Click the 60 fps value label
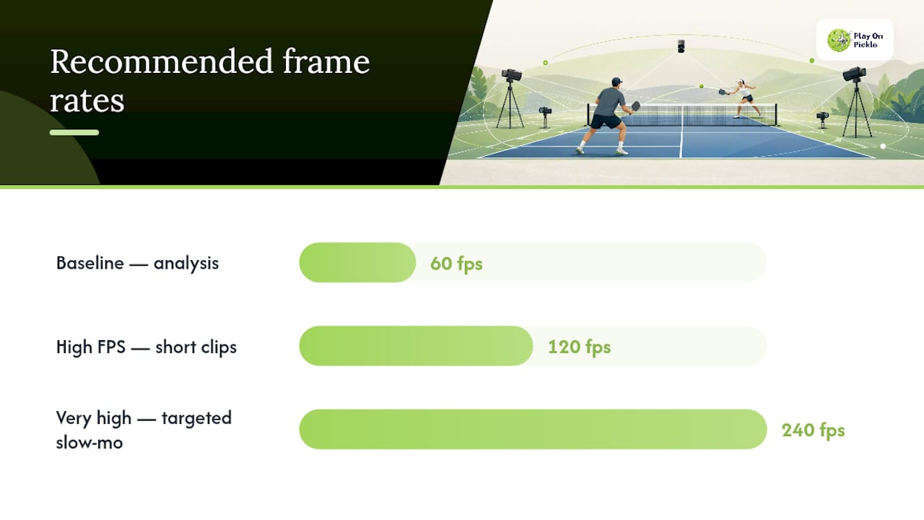pyautogui.click(x=456, y=264)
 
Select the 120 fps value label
pyautogui.click(x=579, y=347)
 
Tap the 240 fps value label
pyautogui.click(x=814, y=430)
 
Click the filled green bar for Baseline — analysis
pyautogui.click(x=357, y=262)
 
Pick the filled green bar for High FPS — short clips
pyautogui.click(x=416, y=346)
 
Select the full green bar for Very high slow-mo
pyautogui.click(x=533, y=429)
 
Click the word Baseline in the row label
pyautogui.click(x=90, y=263)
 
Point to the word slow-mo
pyautogui.click(x=90, y=443)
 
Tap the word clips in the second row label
pyautogui.click(x=219, y=347)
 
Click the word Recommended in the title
pyautogui.click(x=162, y=61)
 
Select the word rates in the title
pyautogui.click(x=87, y=100)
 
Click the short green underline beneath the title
pyautogui.click(x=74, y=132)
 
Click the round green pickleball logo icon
pyautogui.click(x=839, y=40)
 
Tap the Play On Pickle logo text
pyautogui.click(x=868, y=40)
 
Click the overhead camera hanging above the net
pyautogui.click(x=681, y=45)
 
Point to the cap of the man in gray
pyautogui.click(x=616, y=81)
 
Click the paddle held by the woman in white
pyautogui.click(x=723, y=92)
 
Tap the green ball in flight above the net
pyautogui.click(x=701, y=86)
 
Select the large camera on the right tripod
pyautogui.click(x=854, y=74)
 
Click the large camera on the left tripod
pyautogui.click(x=512, y=74)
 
